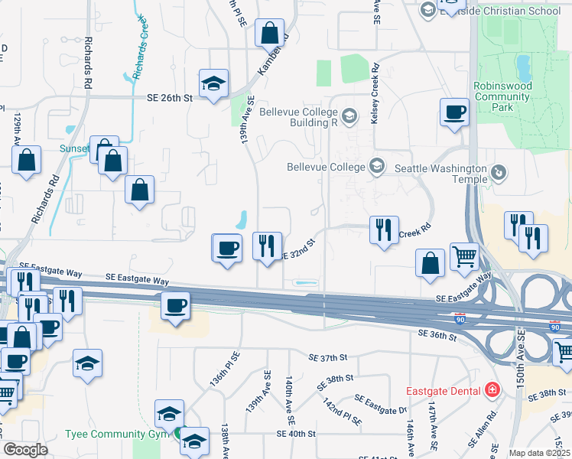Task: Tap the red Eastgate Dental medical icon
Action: (492, 390)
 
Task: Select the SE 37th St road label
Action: (328, 357)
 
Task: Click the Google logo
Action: (25, 450)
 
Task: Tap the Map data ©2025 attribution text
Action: (540, 453)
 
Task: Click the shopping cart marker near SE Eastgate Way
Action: (464, 257)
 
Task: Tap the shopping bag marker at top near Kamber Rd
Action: (269, 33)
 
